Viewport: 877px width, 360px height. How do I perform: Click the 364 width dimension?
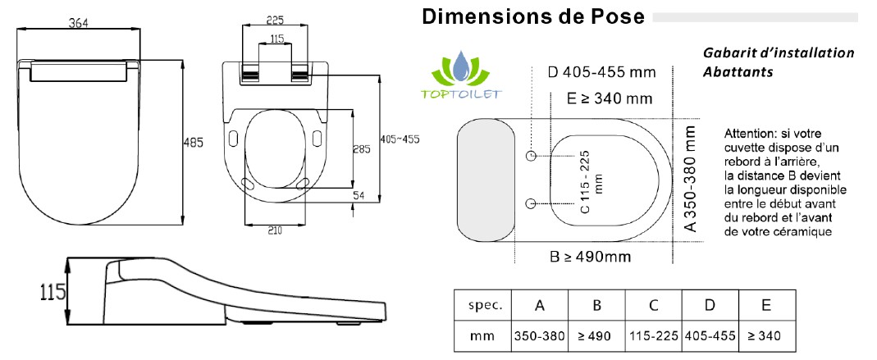coord(78,23)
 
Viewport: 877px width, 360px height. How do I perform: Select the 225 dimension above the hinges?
coord(275,21)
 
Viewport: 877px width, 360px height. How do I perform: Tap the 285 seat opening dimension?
coord(362,149)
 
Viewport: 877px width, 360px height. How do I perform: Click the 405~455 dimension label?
coord(400,139)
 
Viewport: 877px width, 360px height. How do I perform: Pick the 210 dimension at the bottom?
coord(275,230)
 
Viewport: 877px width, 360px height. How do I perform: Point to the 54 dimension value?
coord(359,195)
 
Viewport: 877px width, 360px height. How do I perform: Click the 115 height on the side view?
coord(53,291)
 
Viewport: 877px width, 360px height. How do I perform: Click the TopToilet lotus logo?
coord(461,76)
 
